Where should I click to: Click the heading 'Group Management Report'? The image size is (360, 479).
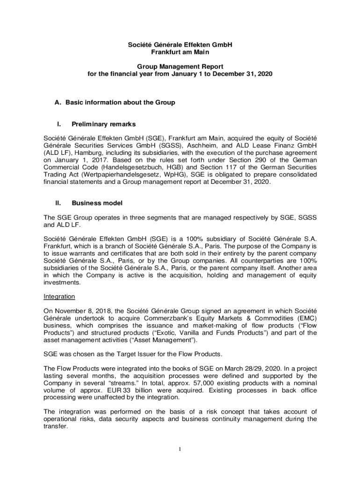click(180, 66)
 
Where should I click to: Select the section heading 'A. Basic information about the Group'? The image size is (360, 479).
click(115, 102)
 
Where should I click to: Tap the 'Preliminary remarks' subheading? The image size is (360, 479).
click(103, 124)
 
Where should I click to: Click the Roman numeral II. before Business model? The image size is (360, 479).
click(58, 203)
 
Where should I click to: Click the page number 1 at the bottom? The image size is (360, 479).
click(180, 450)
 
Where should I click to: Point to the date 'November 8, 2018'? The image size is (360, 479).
click(83, 311)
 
